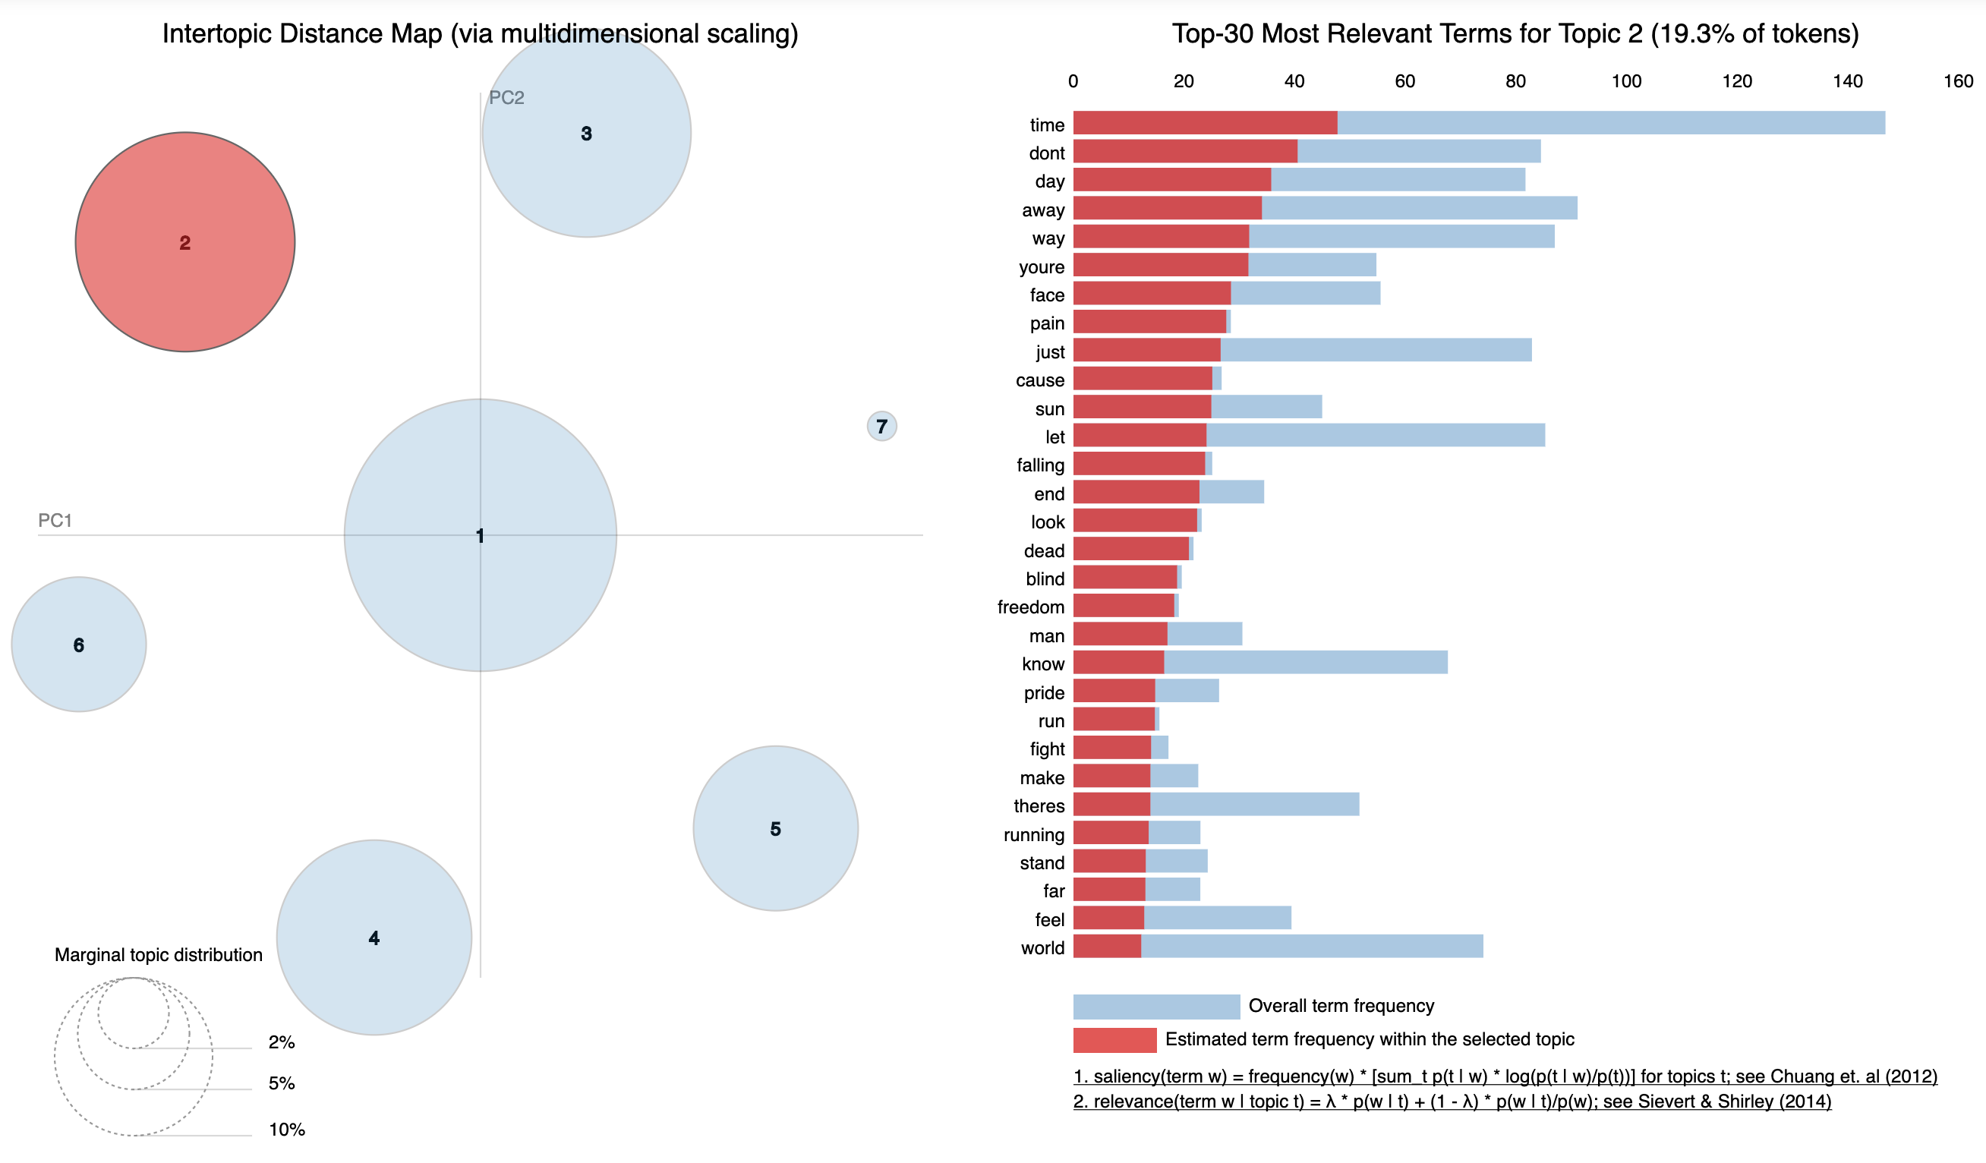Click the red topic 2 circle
coord(185,242)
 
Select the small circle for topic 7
coord(881,427)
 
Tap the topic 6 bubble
coord(79,645)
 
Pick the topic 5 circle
coord(775,828)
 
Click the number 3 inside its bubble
coord(586,134)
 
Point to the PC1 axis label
coord(55,520)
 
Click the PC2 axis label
coord(506,98)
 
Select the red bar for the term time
coord(1204,123)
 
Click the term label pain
coord(1047,323)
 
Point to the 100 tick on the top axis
coord(1626,81)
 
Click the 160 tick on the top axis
coord(1958,81)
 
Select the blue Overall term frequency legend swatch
coord(1156,1006)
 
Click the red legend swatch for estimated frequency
coord(1114,1039)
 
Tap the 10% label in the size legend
coord(287,1129)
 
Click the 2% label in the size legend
coord(282,1042)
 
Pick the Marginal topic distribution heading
coord(159,954)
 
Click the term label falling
coord(1040,465)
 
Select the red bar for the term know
coord(1118,662)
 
